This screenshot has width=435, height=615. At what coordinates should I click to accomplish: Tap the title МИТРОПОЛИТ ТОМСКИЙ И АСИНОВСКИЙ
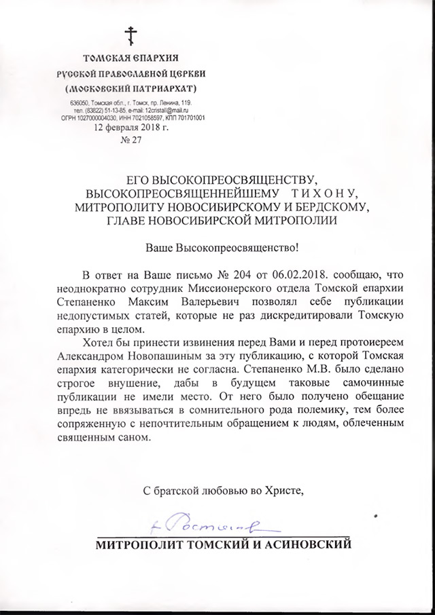pos(224,544)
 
